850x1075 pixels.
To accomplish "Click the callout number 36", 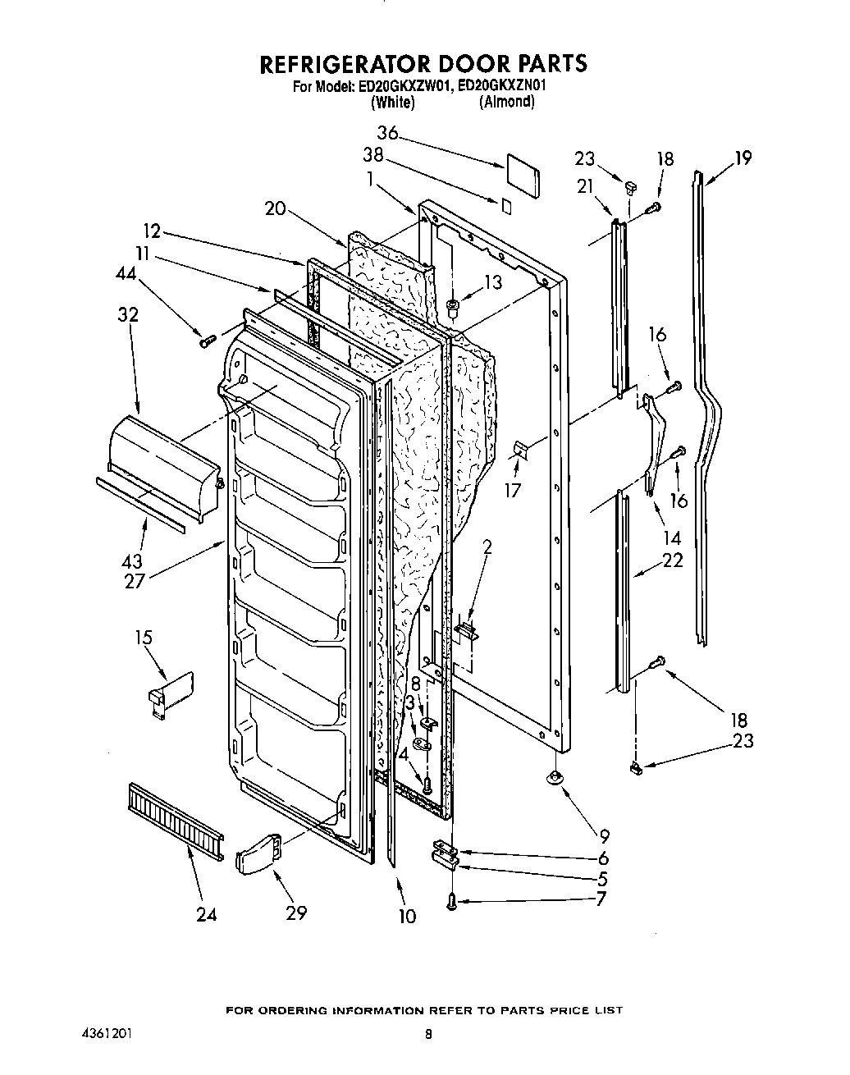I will [388, 134].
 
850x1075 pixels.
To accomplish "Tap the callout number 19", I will [743, 158].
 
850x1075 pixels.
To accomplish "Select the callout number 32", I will [128, 314].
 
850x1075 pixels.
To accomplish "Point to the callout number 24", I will [206, 914].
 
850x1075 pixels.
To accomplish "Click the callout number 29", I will [295, 913].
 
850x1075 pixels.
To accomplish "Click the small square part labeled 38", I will [506, 205].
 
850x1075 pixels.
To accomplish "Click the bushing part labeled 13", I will [451, 309].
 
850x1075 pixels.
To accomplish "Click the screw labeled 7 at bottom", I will [452, 902].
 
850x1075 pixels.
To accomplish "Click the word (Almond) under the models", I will [506, 102].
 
